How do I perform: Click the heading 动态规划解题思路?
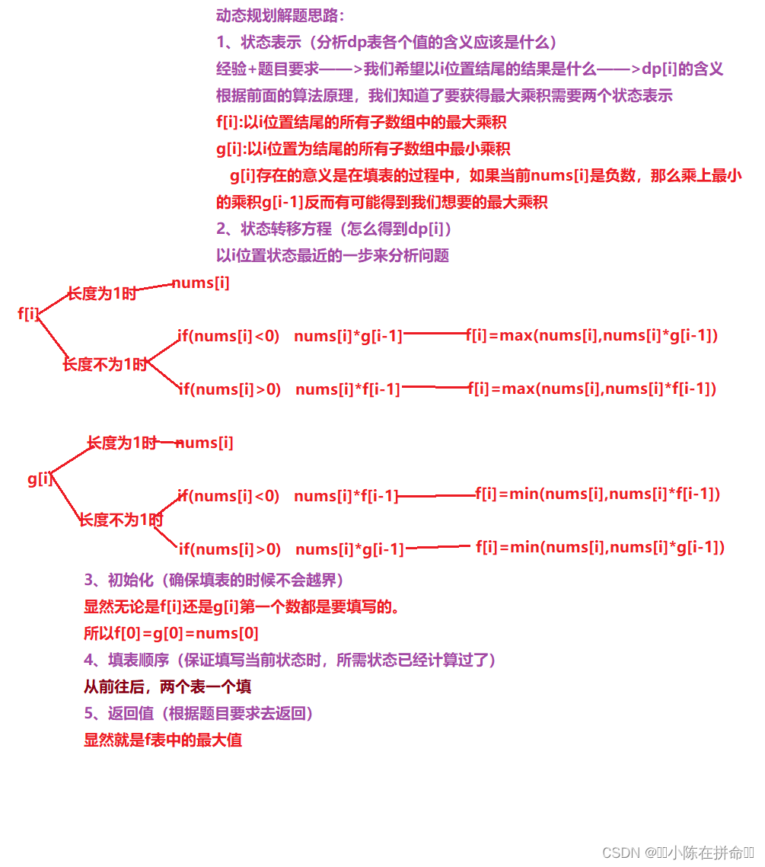click(x=280, y=15)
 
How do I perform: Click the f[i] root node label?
click(x=29, y=313)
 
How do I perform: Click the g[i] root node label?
click(x=40, y=479)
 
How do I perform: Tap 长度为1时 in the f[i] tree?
click(x=102, y=293)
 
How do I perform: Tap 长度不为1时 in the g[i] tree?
click(x=121, y=520)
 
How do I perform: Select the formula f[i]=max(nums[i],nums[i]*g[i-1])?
click(x=591, y=335)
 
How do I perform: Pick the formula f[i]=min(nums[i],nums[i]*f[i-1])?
click(x=598, y=494)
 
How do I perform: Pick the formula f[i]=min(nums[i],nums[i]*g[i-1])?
click(x=600, y=547)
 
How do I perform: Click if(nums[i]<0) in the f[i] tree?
click(x=229, y=336)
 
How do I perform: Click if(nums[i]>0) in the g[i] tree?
click(x=230, y=549)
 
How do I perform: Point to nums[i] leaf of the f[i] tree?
click(x=200, y=283)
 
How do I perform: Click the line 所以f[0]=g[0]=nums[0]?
click(x=171, y=633)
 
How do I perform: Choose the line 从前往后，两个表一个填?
click(x=167, y=686)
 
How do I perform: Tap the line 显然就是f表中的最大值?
click(x=163, y=740)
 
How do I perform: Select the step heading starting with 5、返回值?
click(x=199, y=714)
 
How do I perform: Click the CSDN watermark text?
click(x=677, y=853)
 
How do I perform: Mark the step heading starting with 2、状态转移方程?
click(x=335, y=229)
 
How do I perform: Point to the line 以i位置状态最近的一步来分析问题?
click(x=333, y=255)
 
